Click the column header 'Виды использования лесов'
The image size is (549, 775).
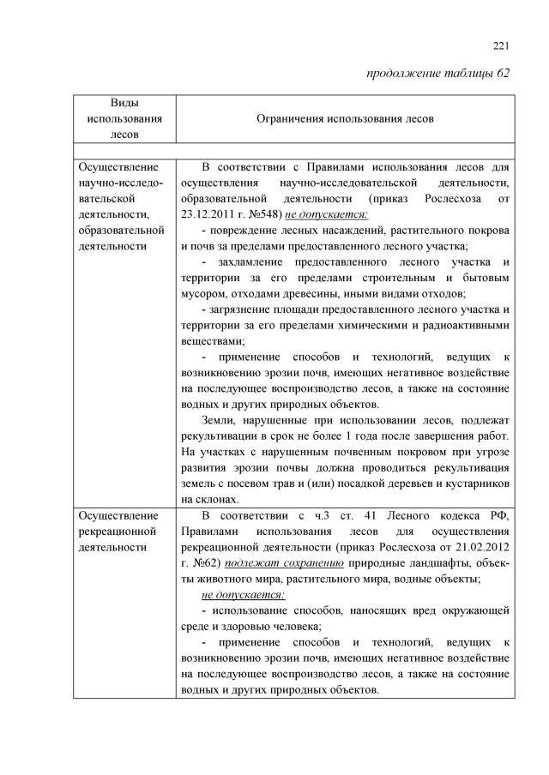pyautogui.click(x=124, y=118)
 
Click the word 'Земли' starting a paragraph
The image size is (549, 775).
pyautogui.click(x=218, y=419)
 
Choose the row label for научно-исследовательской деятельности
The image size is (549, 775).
pyautogui.click(x=120, y=199)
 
